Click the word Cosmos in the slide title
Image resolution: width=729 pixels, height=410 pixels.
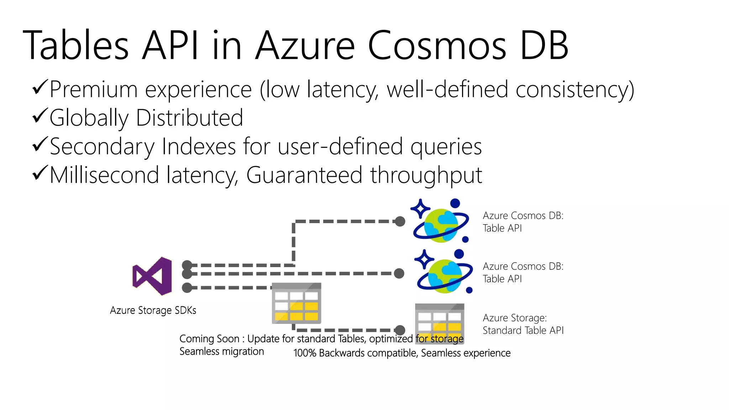436,46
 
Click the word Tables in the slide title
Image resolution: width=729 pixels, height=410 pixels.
75,46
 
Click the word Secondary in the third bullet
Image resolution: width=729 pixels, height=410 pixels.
103,147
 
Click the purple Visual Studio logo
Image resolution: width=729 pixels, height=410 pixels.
152,276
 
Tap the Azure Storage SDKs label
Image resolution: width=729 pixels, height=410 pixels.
153,310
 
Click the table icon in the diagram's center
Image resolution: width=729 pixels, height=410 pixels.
297,303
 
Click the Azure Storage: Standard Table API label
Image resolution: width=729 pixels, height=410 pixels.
523,324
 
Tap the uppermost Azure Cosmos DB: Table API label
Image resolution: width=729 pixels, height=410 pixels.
523,222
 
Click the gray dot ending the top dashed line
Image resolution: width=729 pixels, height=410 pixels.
400,221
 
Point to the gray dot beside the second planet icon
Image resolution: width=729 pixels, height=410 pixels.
399,273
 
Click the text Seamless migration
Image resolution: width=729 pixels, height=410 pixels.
221,352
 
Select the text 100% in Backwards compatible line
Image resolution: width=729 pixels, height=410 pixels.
304,353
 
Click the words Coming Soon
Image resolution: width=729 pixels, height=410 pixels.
209,339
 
